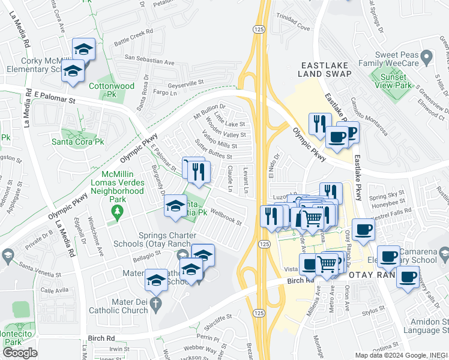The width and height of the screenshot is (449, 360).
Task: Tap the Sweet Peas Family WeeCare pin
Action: tap(427, 58)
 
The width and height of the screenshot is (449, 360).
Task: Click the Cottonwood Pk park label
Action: tap(112, 90)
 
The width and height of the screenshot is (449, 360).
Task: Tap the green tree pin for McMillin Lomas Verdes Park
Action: tap(117, 211)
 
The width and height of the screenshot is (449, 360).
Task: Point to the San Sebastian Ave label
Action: tap(149, 62)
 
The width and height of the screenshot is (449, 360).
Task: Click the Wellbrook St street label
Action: tap(226, 217)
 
